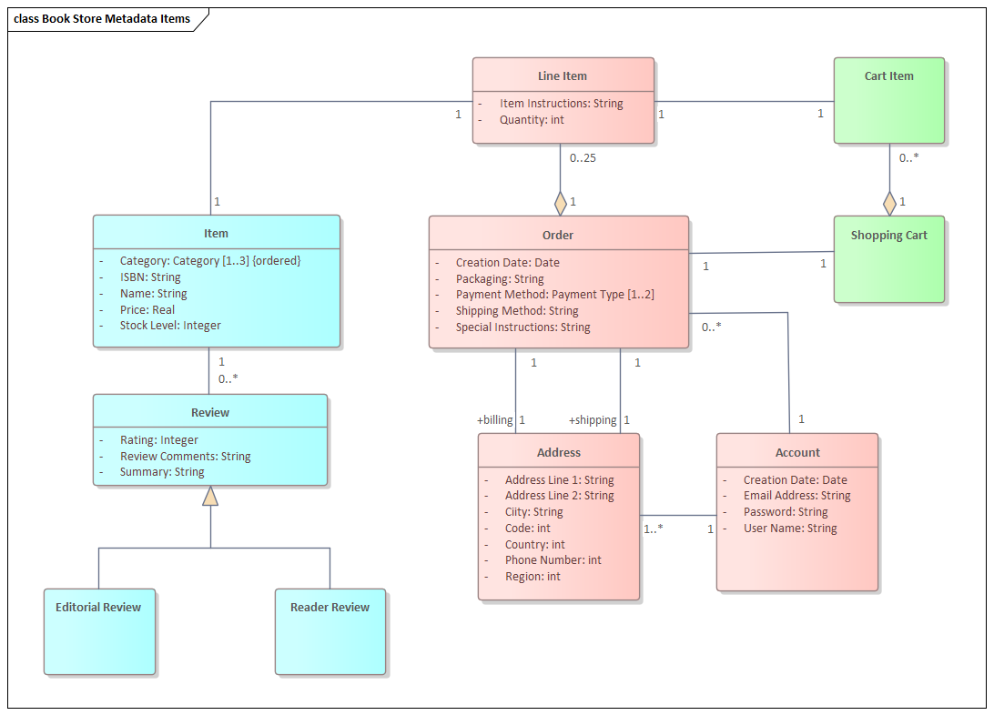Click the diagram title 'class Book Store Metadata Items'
tap(102, 19)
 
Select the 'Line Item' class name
tap(562, 76)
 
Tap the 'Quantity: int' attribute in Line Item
tap(532, 120)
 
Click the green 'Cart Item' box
tap(888, 100)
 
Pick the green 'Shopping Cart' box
tap(888, 259)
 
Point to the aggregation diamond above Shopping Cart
tap(889, 203)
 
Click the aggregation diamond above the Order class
tap(561, 203)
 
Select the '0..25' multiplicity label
tap(583, 158)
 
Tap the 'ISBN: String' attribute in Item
tap(150, 277)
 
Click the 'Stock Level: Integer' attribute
tap(170, 326)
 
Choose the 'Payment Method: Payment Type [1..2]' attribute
tap(554, 295)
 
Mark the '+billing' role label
tap(494, 420)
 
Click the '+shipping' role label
tap(593, 420)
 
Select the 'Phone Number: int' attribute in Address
tap(553, 560)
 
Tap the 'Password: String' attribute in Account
tap(786, 512)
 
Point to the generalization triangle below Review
tap(210, 496)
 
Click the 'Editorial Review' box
tap(98, 631)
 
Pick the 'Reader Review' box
tap(330, 631)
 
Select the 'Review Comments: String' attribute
tap(185, 457)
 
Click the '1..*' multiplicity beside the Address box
tap(654, 529)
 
